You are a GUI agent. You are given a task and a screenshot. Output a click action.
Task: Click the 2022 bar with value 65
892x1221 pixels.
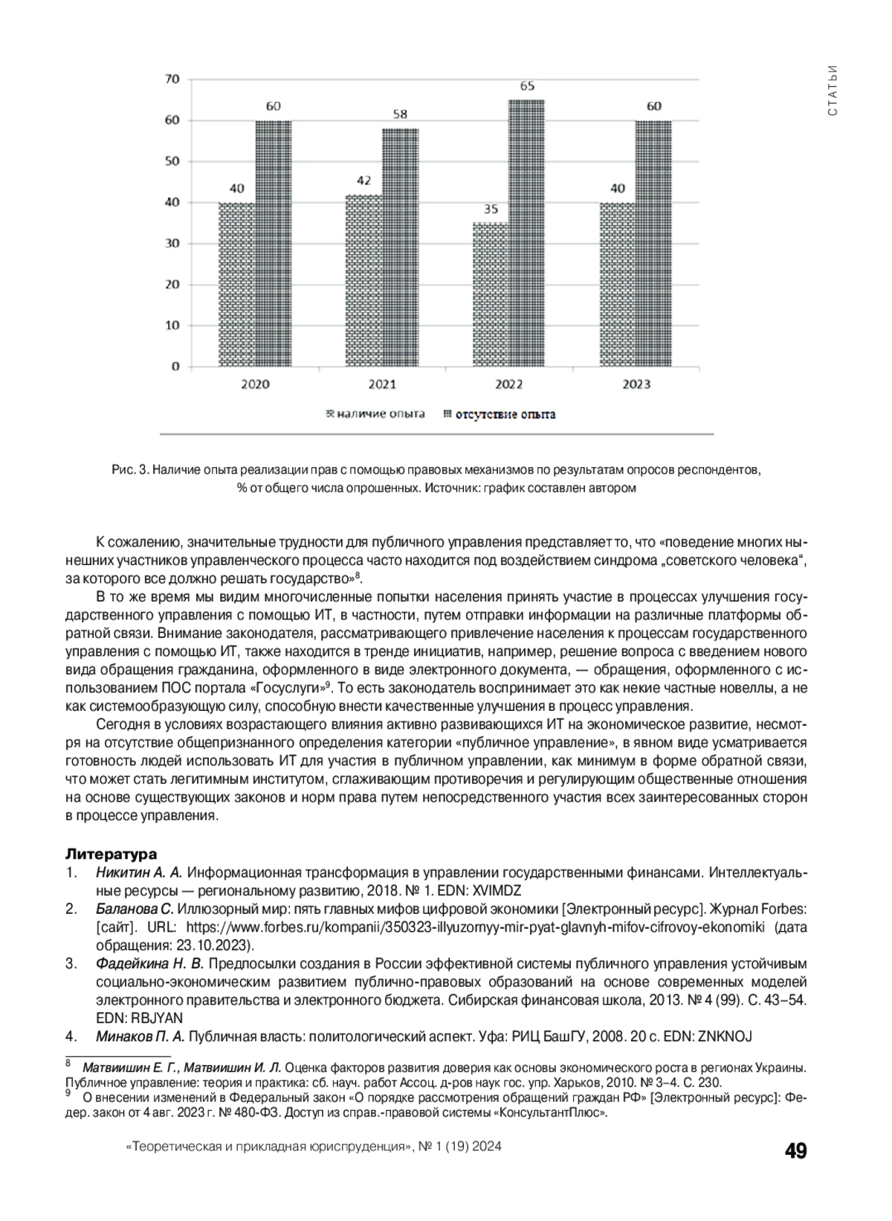(526, 233)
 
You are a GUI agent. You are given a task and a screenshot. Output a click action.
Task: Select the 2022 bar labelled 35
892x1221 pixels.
(491, 294)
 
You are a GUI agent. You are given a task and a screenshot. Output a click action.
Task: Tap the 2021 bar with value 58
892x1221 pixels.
(400, 248)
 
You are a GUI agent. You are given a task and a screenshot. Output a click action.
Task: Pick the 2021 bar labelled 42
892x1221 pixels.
(364, 280)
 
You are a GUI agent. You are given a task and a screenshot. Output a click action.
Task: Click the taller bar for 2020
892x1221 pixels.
(273, 243)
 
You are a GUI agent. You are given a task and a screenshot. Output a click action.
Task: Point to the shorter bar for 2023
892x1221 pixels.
(618, 284)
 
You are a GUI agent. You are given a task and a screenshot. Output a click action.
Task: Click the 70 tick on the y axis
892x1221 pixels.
(172, 80)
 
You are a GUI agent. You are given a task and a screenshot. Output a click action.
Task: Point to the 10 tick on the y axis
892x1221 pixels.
(172, 326)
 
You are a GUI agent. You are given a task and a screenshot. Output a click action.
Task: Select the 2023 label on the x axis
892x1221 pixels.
(636, 384)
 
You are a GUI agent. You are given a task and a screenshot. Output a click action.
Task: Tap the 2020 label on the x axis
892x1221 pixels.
(255, 384)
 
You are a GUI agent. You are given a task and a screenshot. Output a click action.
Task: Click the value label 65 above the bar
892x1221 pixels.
(527, 86)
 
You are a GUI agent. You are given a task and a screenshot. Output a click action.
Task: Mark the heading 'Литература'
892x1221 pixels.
(111, 854)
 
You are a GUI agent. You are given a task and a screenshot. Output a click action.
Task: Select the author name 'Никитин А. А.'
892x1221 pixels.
(139, 872)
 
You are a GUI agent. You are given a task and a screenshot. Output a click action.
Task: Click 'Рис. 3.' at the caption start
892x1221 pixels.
(131, 470)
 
